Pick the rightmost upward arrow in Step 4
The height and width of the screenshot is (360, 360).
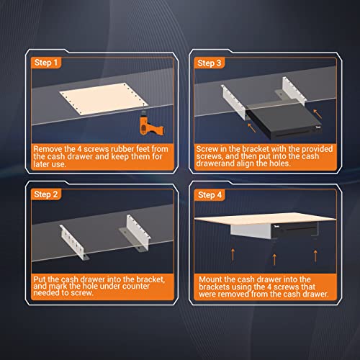(x=316, y=253)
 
